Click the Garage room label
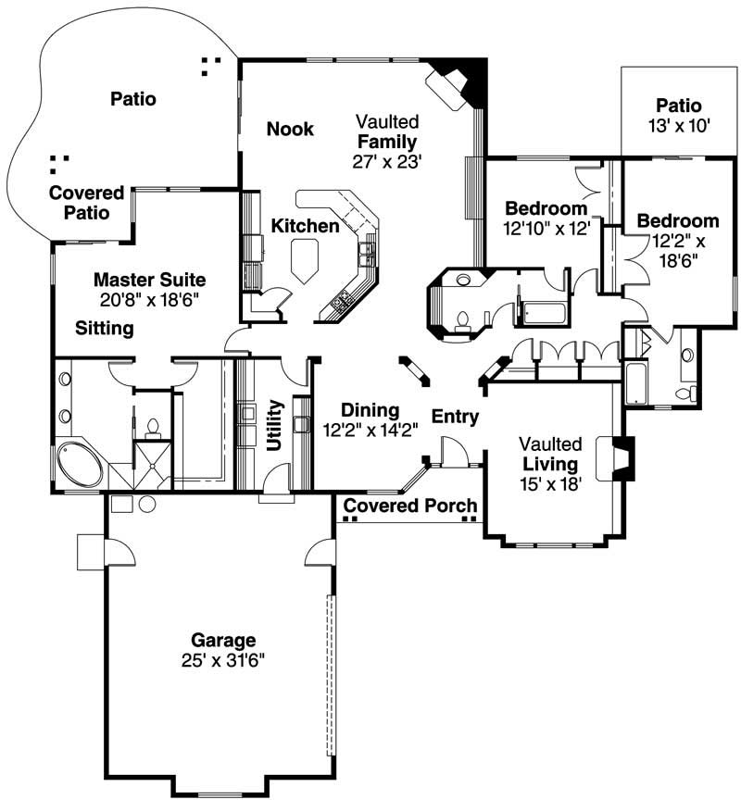(x=222, y=640)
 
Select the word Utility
(x=275, y=425)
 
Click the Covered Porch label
(x=410, y=506)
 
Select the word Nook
(x=290, y=129)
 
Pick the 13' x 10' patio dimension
(x=678, y=126)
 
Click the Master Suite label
(x=149, y=279)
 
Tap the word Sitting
(x=105, y=328)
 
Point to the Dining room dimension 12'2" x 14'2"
(x=370, y=430)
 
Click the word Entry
(x=455, y=417)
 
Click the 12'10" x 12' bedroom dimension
(x=546, y=227)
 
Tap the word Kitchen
(x=305, y=226)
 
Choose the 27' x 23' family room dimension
(x=387, y=161)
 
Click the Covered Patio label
(x=86, y=203)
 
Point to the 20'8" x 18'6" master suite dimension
(x=149, y=299)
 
